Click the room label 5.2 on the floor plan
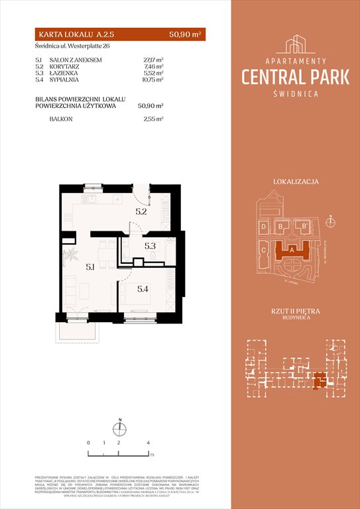pos(141,212)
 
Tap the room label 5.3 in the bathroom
pos(149,246)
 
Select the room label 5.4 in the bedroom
pos(143,288)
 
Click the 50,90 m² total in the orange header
pos(186,32)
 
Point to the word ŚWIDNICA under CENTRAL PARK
pos(296,93)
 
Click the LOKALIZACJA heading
pos(296,181)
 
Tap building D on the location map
pos(264,227)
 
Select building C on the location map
pos(264,251)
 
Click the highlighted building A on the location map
pos(292,250)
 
